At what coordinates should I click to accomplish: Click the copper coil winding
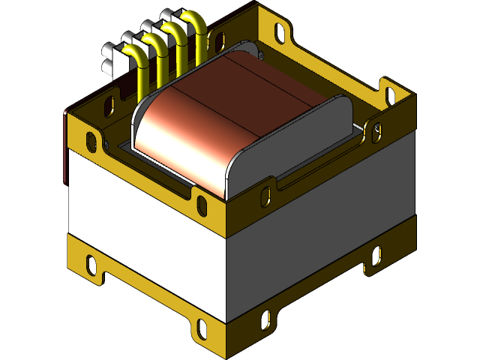225,112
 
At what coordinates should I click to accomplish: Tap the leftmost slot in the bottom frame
91,264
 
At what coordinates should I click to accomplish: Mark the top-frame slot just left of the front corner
202,203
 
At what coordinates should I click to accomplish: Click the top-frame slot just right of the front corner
266,196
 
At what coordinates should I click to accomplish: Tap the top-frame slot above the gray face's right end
375,133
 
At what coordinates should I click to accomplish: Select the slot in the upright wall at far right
389,94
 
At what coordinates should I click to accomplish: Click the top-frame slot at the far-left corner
92,139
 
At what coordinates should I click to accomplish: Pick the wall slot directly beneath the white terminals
109,103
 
